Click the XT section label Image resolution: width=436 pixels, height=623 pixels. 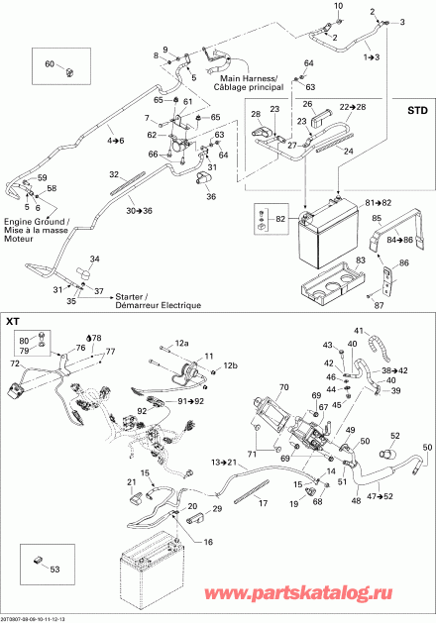(x=14, y=322)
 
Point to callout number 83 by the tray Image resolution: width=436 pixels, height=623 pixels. (x=360, y=259)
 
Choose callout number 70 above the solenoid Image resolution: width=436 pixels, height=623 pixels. (x=284, y=387)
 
